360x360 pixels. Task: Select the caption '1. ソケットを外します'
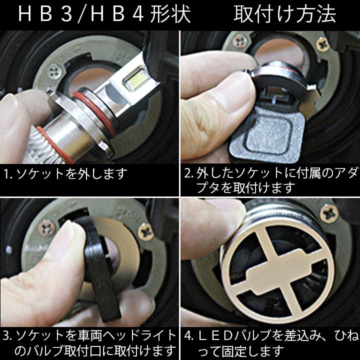[x=65, y=174]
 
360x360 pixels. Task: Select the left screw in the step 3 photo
[x=47, y=226]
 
